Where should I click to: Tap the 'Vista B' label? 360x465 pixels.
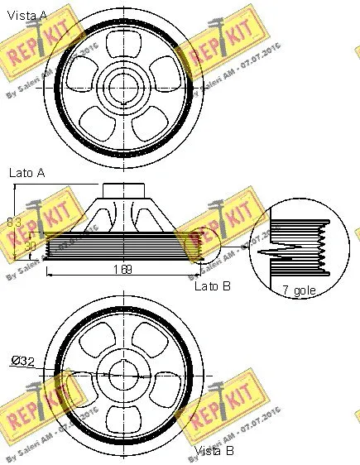coord(214,451)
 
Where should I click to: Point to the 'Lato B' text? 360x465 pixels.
coord(212,285)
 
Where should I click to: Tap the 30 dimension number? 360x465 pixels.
coord(30,246)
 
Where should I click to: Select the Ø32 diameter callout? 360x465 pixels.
coord(23,360)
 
